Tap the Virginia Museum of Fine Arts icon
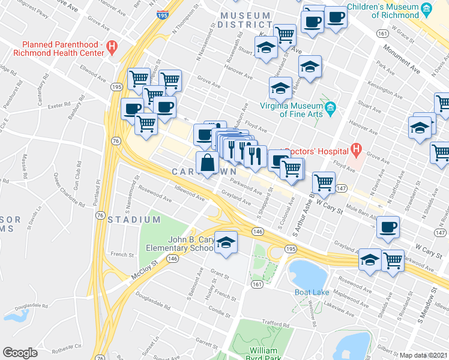click(x=330, y=109)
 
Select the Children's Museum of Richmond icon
click(x=427, y=8)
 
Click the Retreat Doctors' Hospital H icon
click(x=357, y=148)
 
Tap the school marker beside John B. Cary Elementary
click(x=226, y=243)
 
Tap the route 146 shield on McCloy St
click(x=172, y=258)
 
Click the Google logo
click(x=20, y=353)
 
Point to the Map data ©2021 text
click(x=423, y=355)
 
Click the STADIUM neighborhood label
click(x=134, y=220)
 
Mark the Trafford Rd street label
click(x=276, y=324)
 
